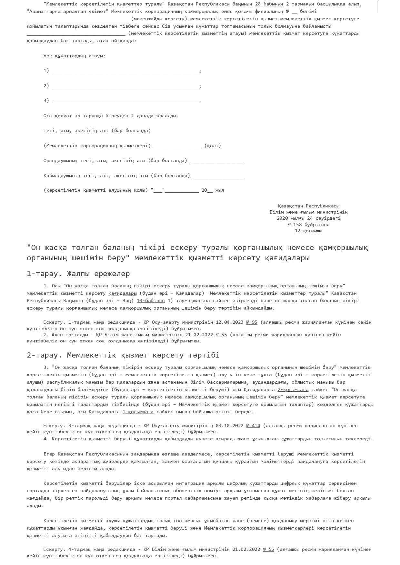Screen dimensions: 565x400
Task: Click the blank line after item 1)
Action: point(125,71)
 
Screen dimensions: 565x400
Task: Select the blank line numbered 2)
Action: point(125,86)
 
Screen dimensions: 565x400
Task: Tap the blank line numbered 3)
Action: point(125,101)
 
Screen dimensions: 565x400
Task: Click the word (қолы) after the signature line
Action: point(213,146)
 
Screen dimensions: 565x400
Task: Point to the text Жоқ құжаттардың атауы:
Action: point(75,56)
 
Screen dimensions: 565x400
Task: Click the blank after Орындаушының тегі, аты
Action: point(217,161)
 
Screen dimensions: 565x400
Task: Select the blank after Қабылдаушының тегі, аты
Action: point(218,176)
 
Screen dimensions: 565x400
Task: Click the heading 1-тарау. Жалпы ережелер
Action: point(78,274)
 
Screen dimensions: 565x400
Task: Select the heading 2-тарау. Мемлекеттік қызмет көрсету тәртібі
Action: point(123,355)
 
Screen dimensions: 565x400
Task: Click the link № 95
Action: point(252,322)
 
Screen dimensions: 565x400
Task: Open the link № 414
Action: point(253,426)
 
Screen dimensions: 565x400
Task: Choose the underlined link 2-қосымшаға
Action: point(293,390)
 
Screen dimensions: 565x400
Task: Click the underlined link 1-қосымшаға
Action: point(138,412)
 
